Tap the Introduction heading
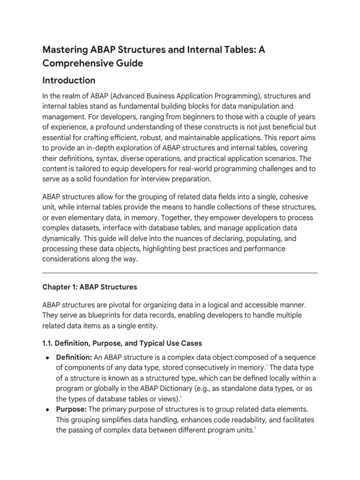click(x=69, y=80)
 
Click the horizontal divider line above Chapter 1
click(x=180, y=272)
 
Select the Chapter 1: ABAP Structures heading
click(x=90, y=286)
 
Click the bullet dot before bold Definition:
click(x=48, y=358)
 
